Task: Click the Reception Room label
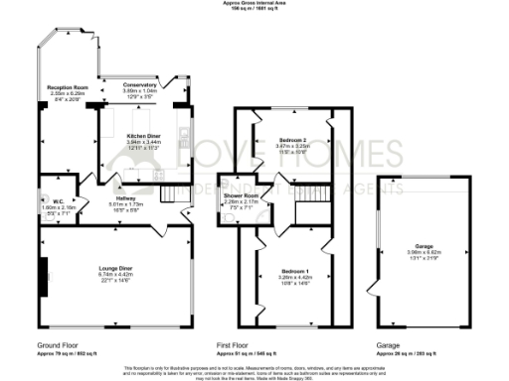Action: point(69,87)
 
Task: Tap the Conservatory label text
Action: point(140,85)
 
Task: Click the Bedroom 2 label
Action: point(290,142)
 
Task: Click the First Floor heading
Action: point(238,345)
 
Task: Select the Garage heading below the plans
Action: point(388,345)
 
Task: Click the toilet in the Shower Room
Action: point(231,221)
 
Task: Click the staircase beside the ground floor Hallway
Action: point(175,190)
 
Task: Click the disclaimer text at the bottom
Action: point(254,370)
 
